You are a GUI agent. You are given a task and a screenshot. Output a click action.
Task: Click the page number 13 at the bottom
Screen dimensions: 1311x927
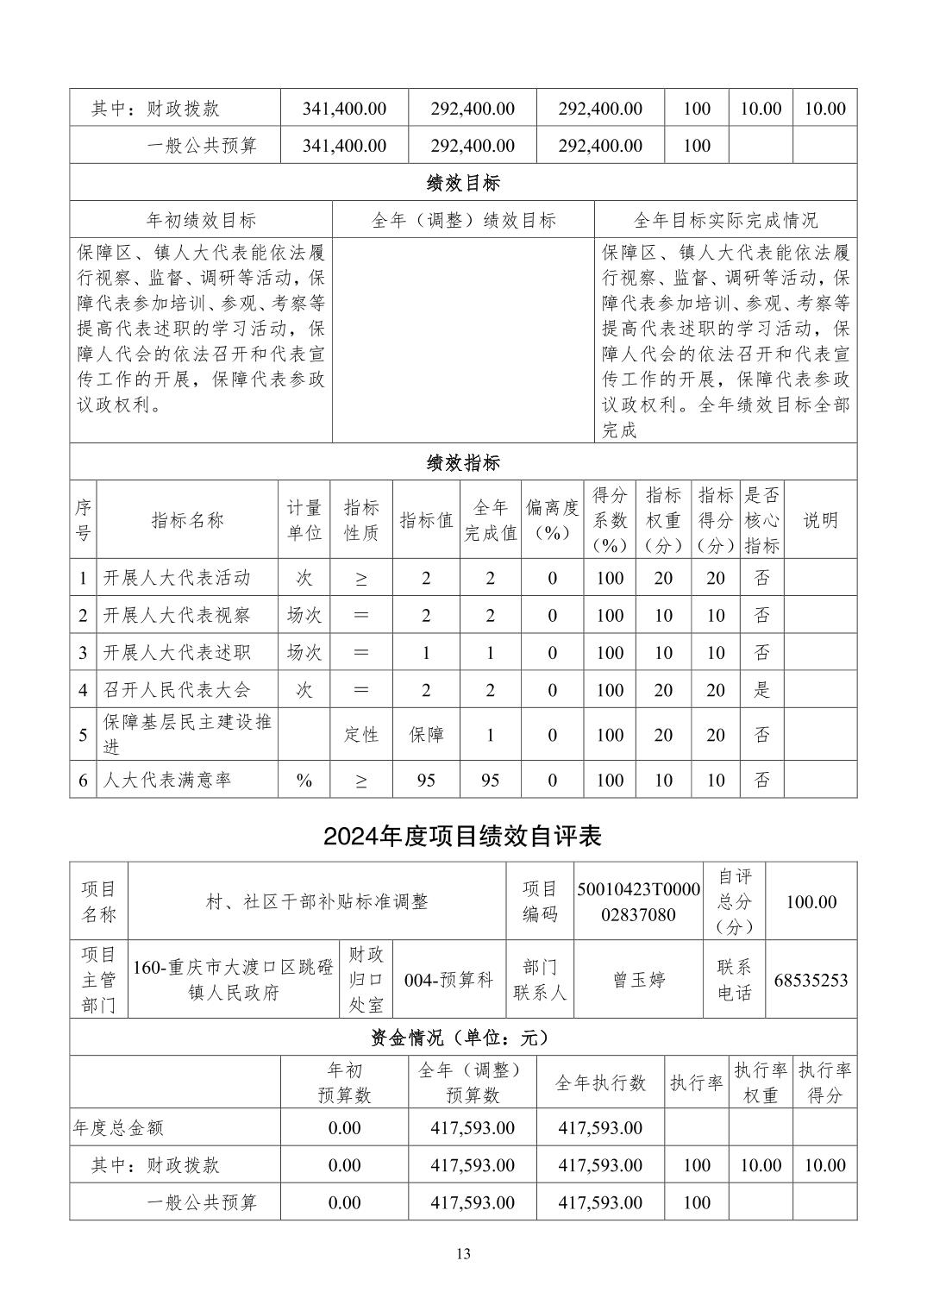pos(463,1254)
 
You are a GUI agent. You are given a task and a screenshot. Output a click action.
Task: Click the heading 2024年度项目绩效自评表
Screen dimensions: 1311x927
pos(463,836)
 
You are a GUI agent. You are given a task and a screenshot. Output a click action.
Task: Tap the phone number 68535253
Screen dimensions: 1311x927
pos(811,980)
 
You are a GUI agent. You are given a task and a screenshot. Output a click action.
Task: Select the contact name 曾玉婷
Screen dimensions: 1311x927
pos(638,980)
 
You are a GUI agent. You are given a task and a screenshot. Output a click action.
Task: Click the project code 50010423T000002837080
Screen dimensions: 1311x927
pos(638,901)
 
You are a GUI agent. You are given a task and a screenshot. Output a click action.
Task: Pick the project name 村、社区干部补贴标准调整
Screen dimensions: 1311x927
pos(316,901)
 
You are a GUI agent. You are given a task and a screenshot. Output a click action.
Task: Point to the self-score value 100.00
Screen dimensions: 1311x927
pos(811,901)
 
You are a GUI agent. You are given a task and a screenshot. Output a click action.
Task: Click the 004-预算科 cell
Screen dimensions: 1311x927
pos(448,980)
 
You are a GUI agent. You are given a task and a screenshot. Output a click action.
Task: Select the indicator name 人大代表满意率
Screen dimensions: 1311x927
pos(167,780)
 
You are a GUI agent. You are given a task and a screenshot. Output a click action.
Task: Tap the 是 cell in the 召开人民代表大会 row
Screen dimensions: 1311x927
pos(761,690)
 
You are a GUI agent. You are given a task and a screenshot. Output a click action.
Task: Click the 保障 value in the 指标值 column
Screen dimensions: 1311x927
pos(426,735)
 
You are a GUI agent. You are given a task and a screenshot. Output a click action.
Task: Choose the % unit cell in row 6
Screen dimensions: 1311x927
pos(304,780)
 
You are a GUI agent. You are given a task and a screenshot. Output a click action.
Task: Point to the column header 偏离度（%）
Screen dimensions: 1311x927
pos(552,520)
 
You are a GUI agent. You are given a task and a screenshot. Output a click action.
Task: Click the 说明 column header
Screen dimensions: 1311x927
pos(820,520)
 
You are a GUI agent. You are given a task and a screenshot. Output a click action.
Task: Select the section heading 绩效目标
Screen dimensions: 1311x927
pos(463,183)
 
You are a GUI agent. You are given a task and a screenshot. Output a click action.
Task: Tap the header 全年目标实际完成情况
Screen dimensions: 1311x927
pos(725,220)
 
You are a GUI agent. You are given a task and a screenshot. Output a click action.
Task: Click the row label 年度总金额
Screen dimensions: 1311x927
pos(119,1127)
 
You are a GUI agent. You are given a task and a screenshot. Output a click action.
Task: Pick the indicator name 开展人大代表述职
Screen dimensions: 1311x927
pos(177,652)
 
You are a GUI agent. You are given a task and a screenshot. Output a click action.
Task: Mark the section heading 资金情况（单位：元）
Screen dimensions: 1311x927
pos(463,1038)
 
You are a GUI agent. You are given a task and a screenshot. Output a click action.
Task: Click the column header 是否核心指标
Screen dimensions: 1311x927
pos(761,520)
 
